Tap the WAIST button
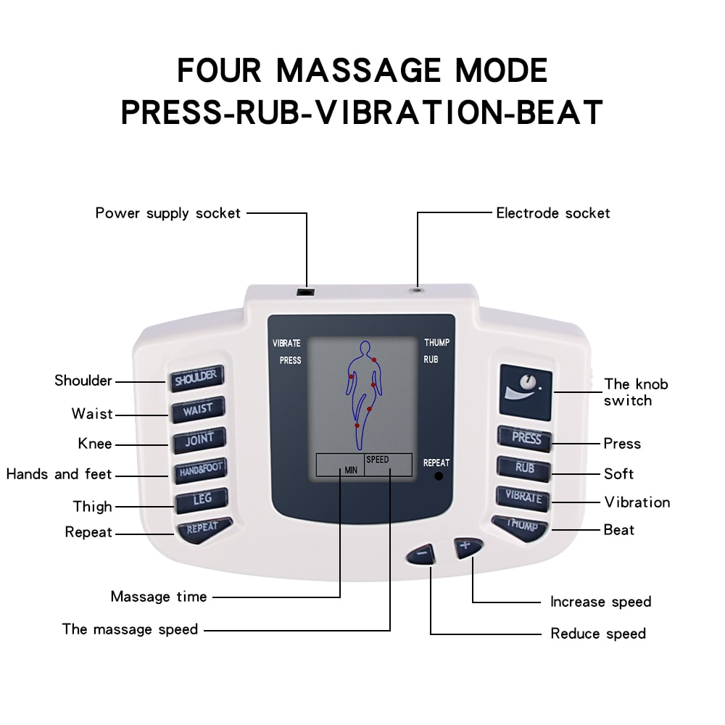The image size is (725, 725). coord(197,409)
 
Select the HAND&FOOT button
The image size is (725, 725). coord(199,470)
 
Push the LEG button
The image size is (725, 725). coord(201,500)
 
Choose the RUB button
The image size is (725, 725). coord(525,468)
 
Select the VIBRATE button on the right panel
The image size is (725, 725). coord(523,497)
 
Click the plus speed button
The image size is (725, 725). coord(465,546)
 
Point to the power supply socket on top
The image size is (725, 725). coord(307,291)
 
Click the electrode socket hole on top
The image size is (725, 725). coord(418,289)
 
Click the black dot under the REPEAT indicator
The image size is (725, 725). coord(437,477)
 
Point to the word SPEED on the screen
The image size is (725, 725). coord(377,460)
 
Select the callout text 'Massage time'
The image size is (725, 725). coord(159,597)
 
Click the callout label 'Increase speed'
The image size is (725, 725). coord(600,602)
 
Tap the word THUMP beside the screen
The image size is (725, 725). coord(436,343)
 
